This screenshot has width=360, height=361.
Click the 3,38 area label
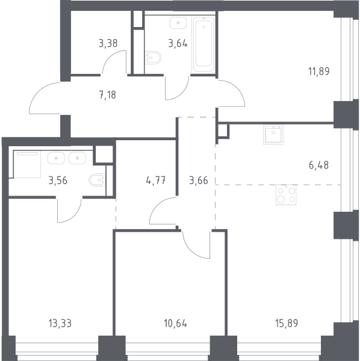coord(108,43)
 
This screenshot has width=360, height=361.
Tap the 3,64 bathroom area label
coord(178,43)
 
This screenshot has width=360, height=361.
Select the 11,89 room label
coord(319,72)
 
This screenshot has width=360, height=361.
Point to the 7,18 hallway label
coord(108,94)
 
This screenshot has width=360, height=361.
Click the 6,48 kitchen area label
coord(319,165)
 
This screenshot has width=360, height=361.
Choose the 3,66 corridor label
coord(199,180)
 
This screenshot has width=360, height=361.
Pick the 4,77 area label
coord(156,180)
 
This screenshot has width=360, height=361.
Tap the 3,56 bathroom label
coord(58,180)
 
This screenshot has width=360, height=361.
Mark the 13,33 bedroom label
coord(60,323)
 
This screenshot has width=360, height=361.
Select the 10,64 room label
coord(176,323)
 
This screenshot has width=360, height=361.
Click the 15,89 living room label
coord(287,323)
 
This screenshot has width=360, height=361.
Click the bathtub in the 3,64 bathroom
coord(203,44)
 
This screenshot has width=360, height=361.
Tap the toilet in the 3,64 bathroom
coord(153,57)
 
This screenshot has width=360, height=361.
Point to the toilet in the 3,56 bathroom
coord(97,180)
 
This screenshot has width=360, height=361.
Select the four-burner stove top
coord(286,195)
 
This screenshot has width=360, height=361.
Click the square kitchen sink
coord(273,135)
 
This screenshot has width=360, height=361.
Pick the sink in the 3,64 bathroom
coord(178,23)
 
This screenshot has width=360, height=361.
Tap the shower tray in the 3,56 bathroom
coord(27,164)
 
